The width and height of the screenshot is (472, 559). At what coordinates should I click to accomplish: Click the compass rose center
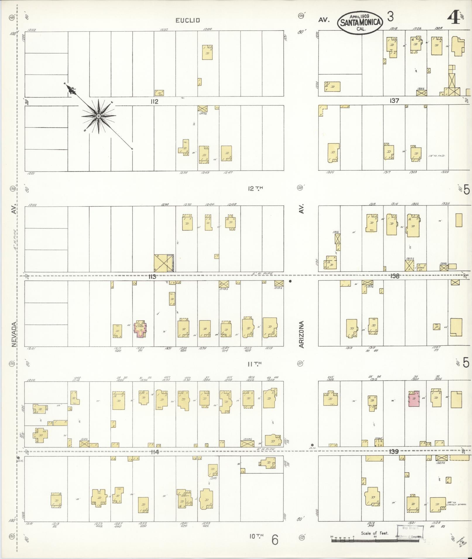(99, 116)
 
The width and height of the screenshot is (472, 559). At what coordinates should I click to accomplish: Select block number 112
(154, 101)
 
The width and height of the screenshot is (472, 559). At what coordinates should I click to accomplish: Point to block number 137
(394, 101)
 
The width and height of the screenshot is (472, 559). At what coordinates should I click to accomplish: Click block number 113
(152, 276)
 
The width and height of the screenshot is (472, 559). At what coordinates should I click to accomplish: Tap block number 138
(395, 276)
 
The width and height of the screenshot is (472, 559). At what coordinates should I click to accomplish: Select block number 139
(394, 460)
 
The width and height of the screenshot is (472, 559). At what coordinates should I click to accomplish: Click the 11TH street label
(254, 364)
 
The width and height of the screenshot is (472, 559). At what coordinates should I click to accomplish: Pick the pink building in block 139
(414, 398)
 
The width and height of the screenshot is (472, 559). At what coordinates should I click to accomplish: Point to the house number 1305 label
(329, 172)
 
